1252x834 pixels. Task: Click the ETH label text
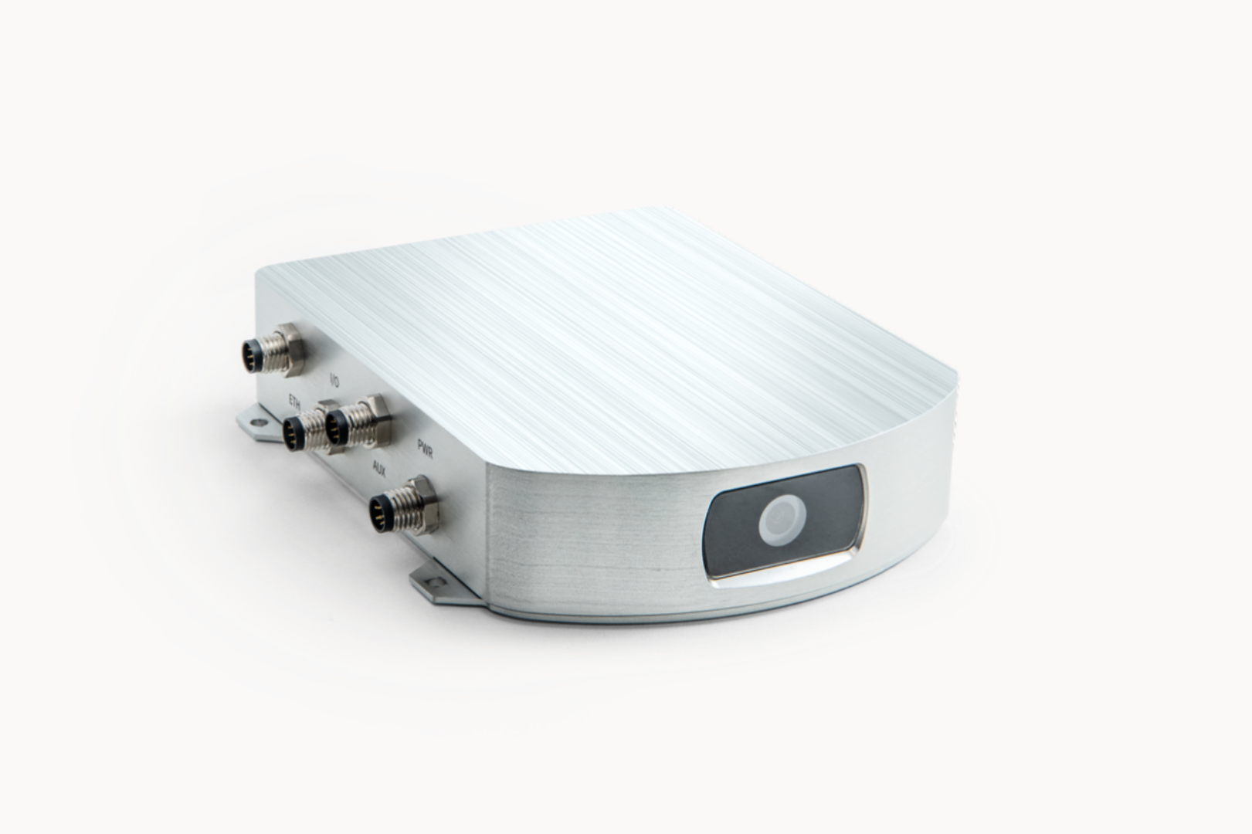point(293,401)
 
